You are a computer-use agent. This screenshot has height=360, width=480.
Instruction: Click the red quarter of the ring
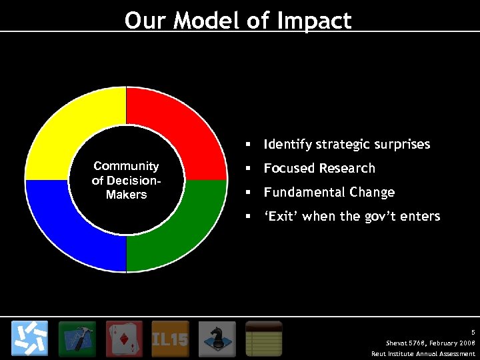180,127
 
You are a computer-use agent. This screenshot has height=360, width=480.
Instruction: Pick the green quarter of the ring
180,233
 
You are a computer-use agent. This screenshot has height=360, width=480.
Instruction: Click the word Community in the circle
126,166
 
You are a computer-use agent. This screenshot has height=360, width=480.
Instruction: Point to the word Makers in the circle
126,195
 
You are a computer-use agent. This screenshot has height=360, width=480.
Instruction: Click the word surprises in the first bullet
401,145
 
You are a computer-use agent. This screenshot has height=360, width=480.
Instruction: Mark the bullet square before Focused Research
247,169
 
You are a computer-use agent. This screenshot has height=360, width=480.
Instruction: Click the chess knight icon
217,339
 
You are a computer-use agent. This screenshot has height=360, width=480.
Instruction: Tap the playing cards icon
124,339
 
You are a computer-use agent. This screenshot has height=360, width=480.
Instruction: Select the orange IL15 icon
171,339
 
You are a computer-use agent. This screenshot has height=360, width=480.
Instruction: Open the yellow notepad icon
264,339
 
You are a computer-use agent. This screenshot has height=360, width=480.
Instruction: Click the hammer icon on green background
77,339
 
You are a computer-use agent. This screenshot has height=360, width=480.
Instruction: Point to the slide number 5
473,331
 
